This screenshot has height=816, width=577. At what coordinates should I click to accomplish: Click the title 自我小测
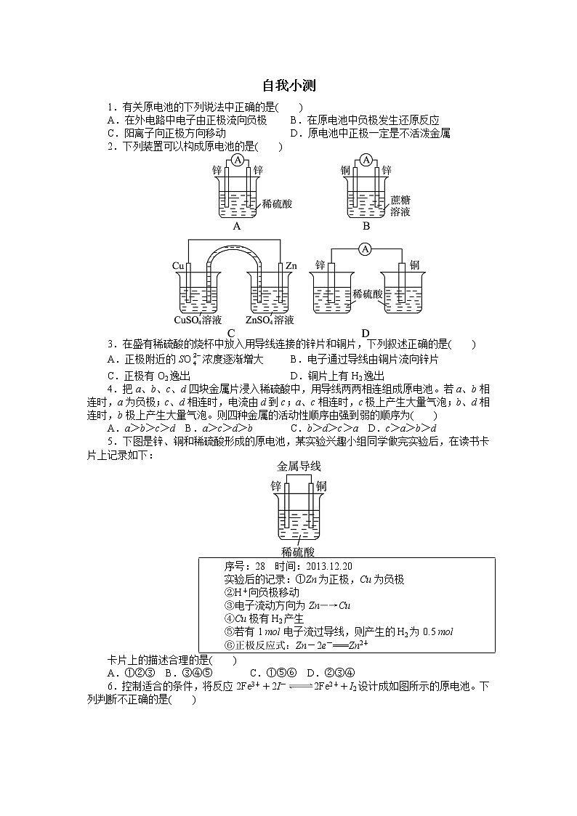[x=288, y=86]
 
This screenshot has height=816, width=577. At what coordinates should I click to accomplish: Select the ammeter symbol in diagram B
[x=366, y=160]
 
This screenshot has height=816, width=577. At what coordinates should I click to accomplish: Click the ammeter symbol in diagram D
[x=366, y=249]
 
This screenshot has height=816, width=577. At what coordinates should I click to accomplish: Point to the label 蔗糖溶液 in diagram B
[x=400, y=206]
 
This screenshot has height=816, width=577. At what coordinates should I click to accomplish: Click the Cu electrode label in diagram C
[x=179, y=267]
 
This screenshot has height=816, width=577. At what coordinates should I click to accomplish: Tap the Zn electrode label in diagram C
[x=291, y=267]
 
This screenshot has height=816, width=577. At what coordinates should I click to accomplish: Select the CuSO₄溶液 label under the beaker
[x=198, y=320]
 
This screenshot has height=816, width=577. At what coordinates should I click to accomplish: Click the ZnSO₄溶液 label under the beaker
[x=270, y=320]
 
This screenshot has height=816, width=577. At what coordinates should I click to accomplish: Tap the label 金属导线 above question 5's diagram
[x=299, y=466]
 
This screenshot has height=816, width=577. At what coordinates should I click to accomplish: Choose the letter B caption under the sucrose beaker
[x=366, y=225]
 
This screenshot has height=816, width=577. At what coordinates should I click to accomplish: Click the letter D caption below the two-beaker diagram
[x=366, y=334]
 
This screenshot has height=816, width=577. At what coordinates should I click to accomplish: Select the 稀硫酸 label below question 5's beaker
[x=299, y=552]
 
